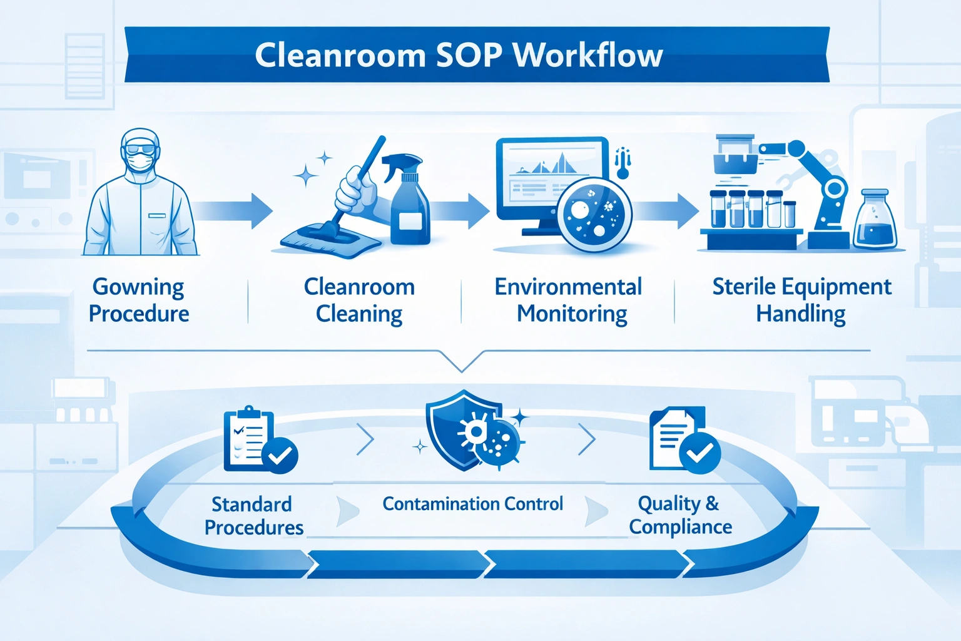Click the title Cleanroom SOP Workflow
[458, 55]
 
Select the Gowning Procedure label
[138, 300]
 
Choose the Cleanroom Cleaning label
[359, 300]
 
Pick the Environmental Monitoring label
[569, 300]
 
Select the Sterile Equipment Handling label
[801, 300]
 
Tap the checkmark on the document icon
[699, 452]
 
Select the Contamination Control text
[472, 504]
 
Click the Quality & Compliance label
[680, 515]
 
